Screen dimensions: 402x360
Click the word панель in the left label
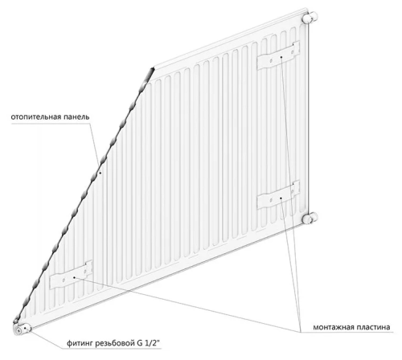point(76,117)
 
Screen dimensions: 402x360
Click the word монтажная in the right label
point(331,327)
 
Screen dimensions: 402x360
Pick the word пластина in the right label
point(371,327)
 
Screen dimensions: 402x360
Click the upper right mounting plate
point(278,56)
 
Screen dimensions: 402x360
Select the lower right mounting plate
point(278,195)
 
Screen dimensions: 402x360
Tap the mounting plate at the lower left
point(71,275)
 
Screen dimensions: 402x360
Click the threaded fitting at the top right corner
point(310,18)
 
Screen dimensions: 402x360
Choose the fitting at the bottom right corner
point(310,218)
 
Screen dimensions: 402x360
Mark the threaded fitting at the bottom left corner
point(22,329)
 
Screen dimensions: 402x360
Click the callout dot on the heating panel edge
point(100,173)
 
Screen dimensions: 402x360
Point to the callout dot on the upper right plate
point(281,57)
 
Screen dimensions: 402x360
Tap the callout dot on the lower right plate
point(281,198)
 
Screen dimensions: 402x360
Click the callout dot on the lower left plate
point(74,277)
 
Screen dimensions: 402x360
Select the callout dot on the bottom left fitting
point(25,328)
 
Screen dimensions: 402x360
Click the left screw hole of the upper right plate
point(271,61)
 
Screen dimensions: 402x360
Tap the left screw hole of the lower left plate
point(64,280)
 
